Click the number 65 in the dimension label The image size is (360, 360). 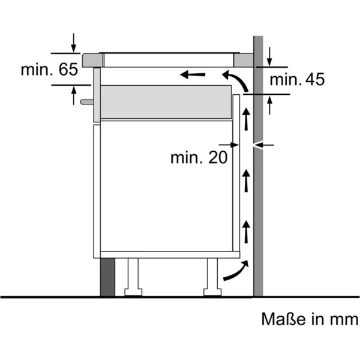point(68,70)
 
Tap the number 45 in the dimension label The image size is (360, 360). point(315,79)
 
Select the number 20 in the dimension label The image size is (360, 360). point(218,157)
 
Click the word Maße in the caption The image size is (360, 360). point(284,319)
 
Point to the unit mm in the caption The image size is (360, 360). point(344,320)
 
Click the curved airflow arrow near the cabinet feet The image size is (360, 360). point(236,271)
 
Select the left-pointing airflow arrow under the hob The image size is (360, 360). point(193,74)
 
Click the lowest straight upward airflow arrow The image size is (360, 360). point(247,232)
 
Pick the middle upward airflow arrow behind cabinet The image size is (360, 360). point(247,181)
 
